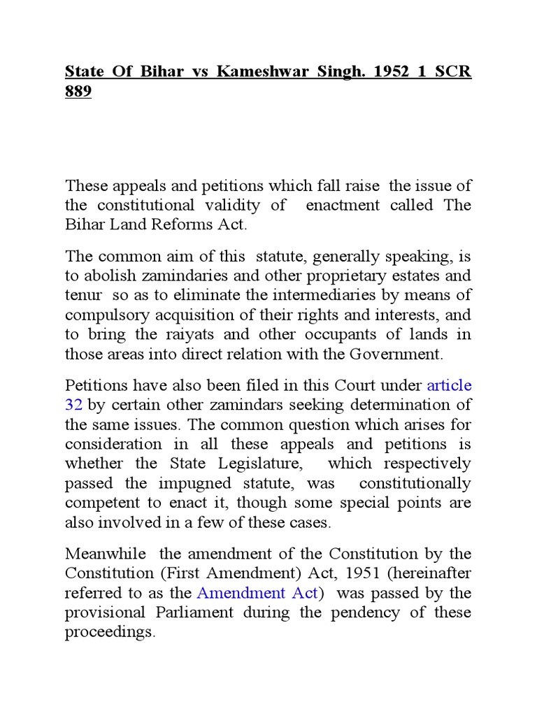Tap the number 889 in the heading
tap(78, 92)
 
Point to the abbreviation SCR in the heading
tap(453, 72)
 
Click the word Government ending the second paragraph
tap(394, 354)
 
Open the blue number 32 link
tap(74, 404)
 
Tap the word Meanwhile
tap(106, 553)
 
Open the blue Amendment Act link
tap(259, 593)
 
